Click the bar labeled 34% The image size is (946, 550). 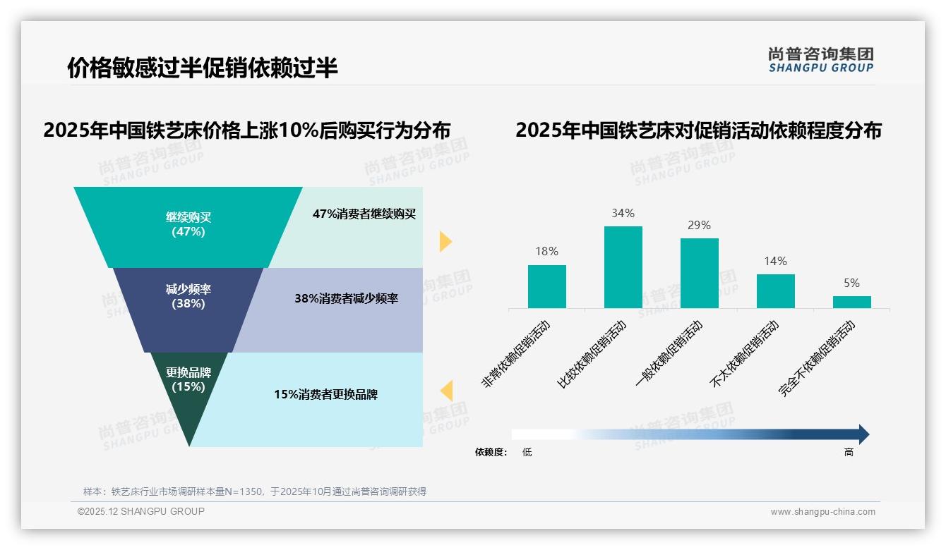623,267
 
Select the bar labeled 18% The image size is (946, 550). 546,286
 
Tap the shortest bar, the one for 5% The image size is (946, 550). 851,302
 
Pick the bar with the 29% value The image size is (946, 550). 699,273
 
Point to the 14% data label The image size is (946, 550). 775,262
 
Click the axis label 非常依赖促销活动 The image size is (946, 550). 516,354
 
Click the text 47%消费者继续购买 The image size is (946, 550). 364,214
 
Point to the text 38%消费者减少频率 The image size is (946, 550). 346,298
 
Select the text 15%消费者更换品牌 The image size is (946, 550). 325,394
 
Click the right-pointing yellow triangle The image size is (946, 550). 445,241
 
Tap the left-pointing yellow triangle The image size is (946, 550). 446,391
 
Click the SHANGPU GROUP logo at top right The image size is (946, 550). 820,59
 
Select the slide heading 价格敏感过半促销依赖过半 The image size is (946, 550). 202,68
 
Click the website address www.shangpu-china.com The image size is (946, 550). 822,512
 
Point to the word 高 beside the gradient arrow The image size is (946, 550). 849,452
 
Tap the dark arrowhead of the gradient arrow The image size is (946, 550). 863,434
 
